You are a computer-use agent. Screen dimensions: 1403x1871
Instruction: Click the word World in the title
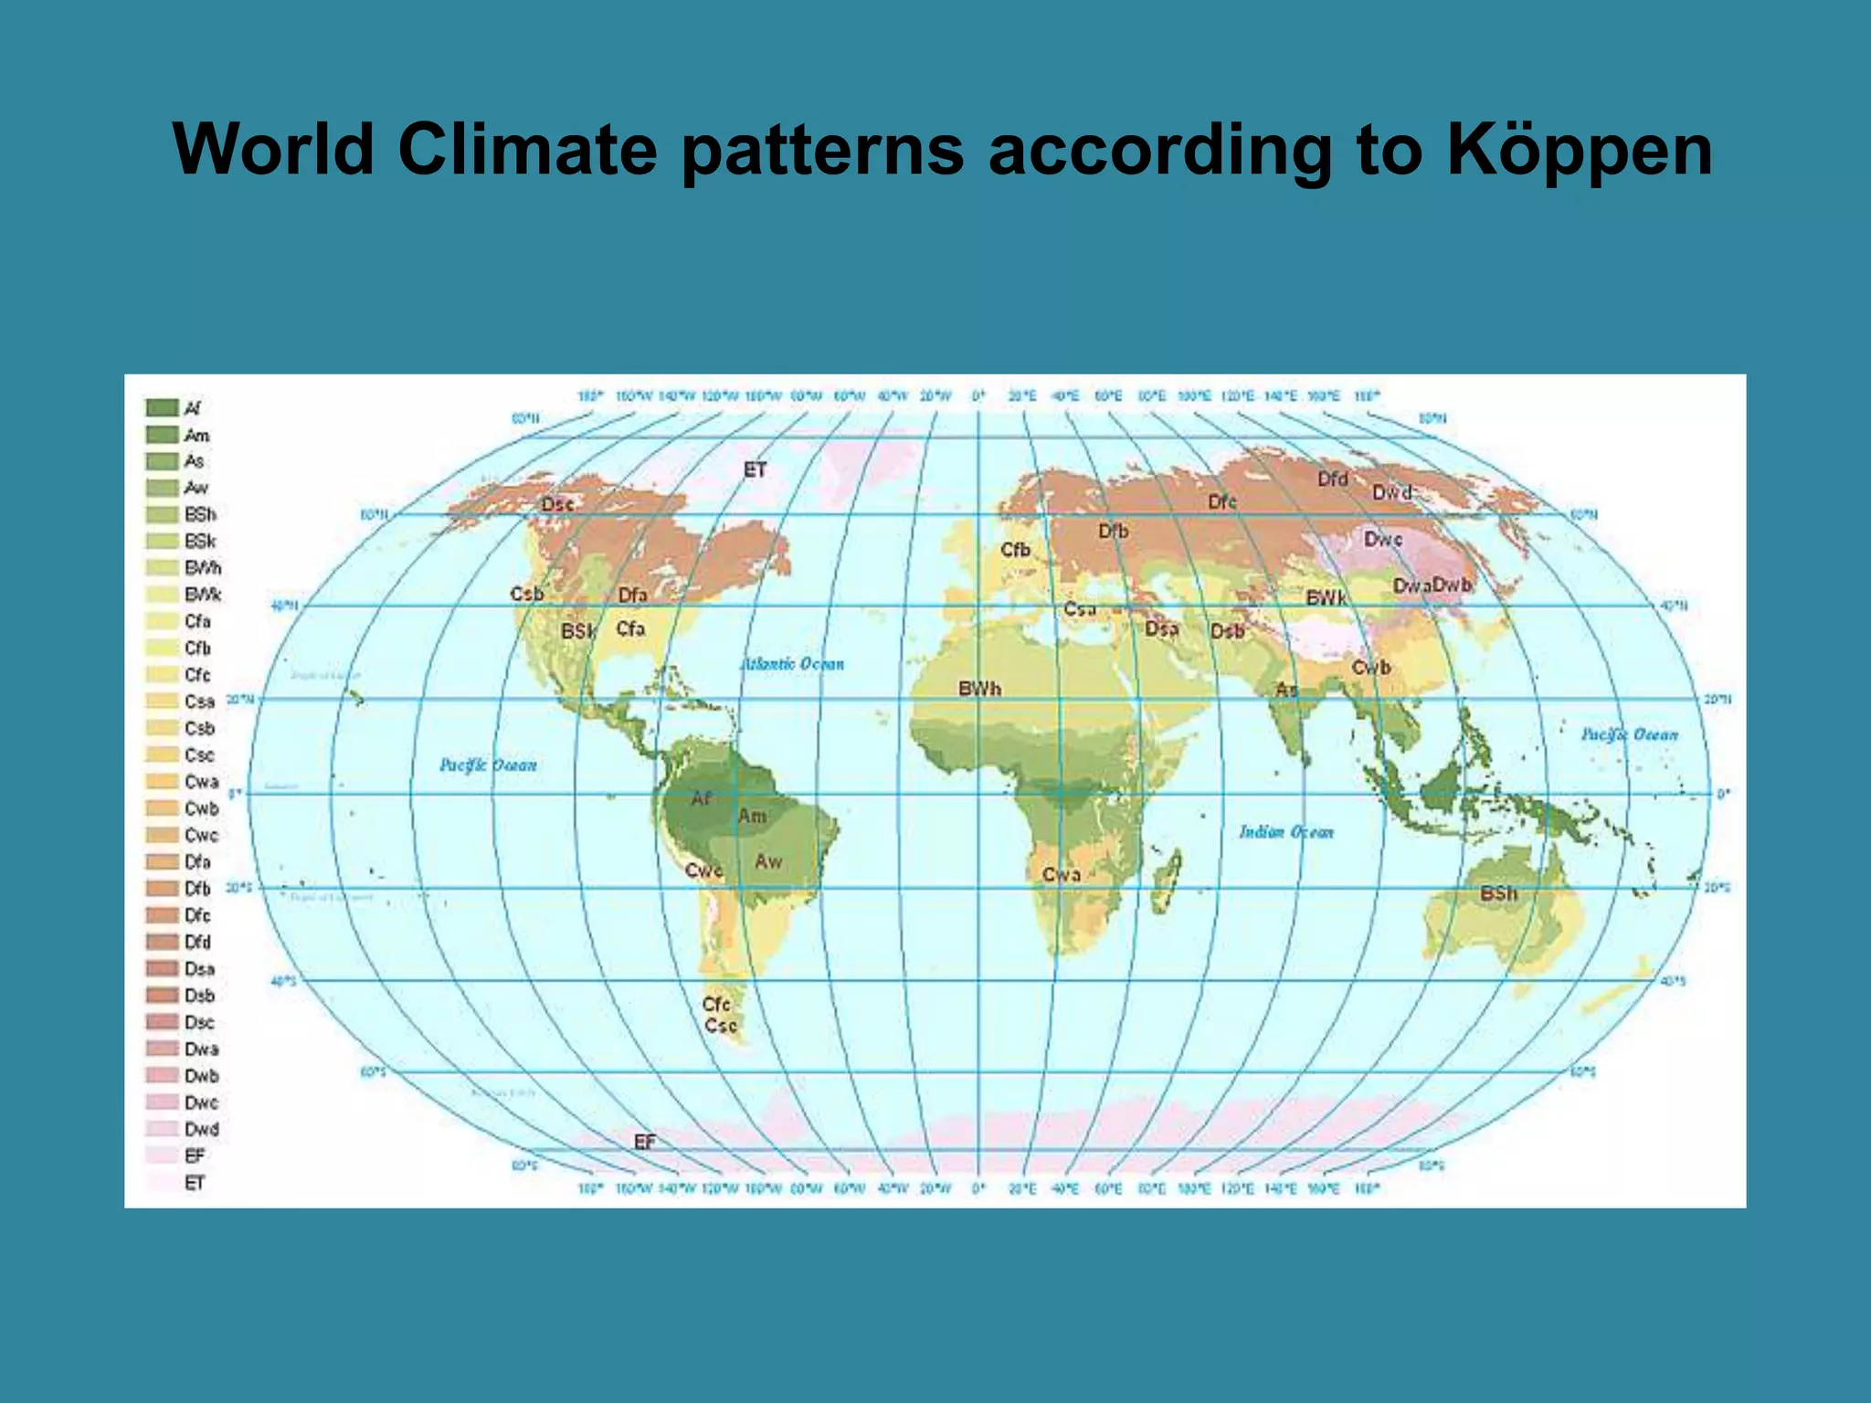pos(273,148)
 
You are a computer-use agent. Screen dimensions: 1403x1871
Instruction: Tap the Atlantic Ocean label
pos(792,664)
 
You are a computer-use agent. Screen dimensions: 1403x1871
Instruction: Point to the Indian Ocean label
pos(1286,832)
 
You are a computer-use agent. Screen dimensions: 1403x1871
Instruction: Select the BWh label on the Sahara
pos(979,689)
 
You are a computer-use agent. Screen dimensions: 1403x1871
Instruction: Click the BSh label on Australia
pos(1498,892)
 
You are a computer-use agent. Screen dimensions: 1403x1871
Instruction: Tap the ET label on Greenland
pos(755,469)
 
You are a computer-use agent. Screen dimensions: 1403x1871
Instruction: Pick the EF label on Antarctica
pos(645,1142)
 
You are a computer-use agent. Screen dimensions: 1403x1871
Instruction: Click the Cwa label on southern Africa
pos(1062,874)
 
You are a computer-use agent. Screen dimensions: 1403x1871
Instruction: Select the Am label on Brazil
pos(752,816)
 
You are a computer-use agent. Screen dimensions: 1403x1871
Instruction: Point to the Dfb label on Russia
pos(1113,531)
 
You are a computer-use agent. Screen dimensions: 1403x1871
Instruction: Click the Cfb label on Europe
pos(1015,550)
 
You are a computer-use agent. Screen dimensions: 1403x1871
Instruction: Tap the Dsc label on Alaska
pos(557,504)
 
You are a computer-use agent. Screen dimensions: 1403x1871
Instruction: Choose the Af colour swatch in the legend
pos(162,407)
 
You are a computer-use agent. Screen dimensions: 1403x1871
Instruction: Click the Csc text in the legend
pos(199,755)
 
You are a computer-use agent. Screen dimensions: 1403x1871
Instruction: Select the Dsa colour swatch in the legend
pos(162,968)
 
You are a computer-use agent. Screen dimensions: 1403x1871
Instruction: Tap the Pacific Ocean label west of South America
pos(488,765)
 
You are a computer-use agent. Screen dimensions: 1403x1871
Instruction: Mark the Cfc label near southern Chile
pos(716,1004)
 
